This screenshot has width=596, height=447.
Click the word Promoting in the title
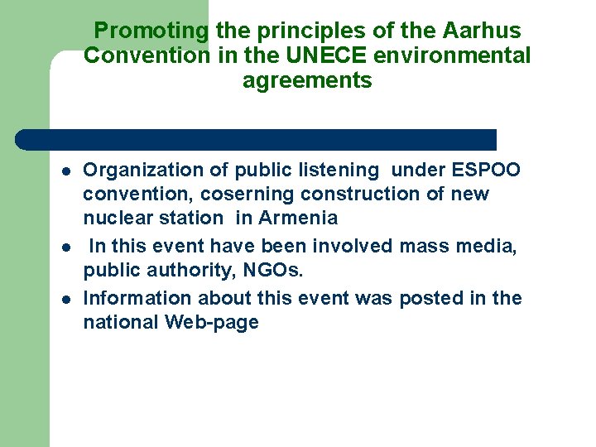[151, 31]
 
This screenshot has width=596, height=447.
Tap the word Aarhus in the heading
[482, 31]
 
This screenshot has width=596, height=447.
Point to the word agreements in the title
[307, 81]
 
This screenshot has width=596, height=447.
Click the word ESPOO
[487, 171]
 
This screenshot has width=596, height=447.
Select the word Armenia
[298, 219]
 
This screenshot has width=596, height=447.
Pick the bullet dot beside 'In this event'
[64, 248]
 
